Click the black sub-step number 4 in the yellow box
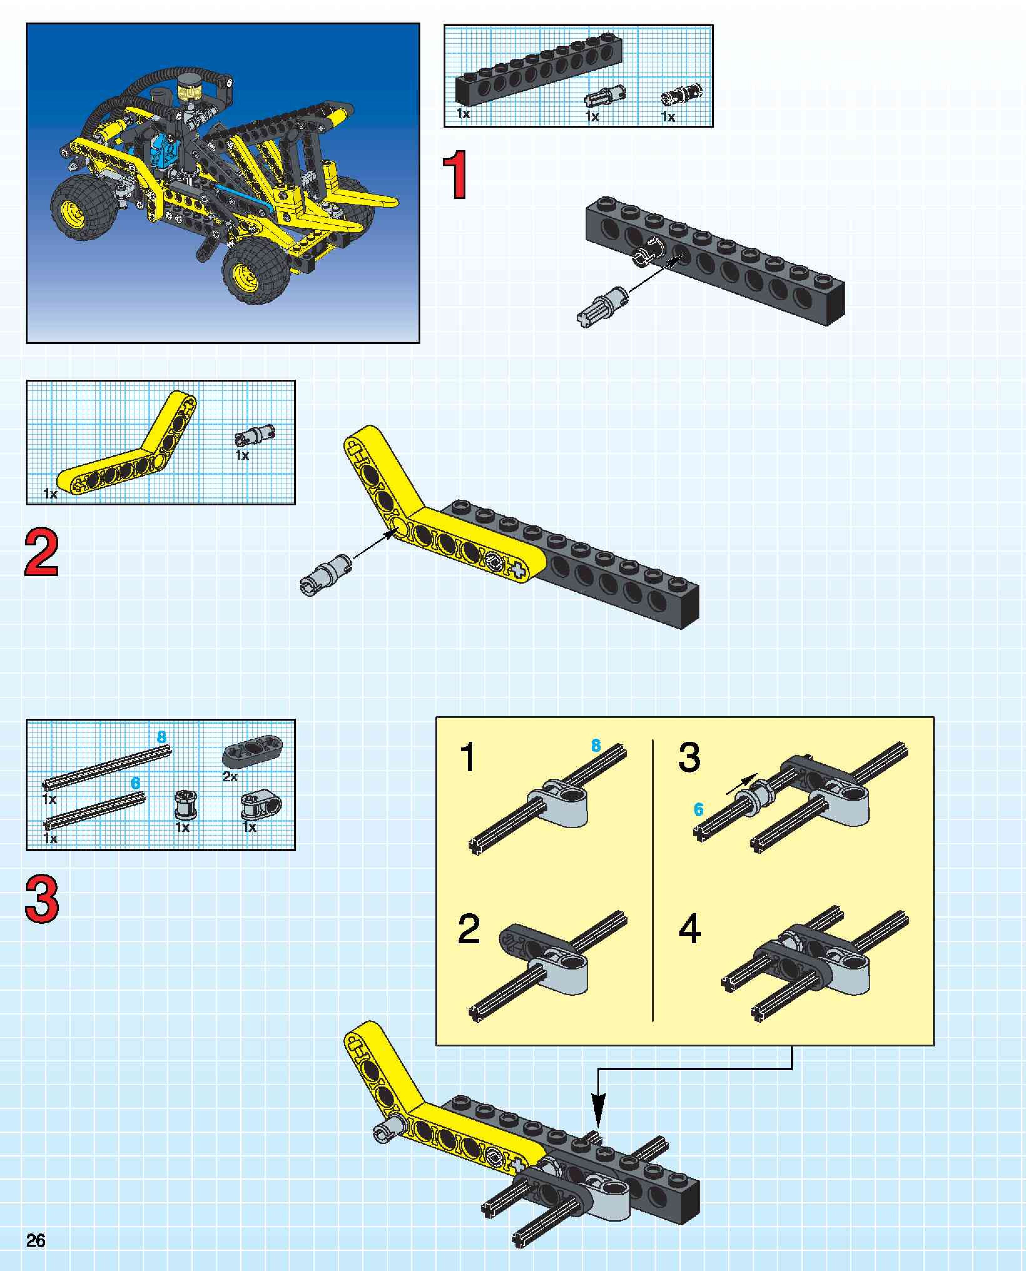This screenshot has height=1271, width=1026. [689, 929]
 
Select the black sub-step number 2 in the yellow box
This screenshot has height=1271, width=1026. [469, 929]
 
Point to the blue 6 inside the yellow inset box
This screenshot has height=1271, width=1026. [698, 809]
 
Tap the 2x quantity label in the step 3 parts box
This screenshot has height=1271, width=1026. [230, 777]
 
